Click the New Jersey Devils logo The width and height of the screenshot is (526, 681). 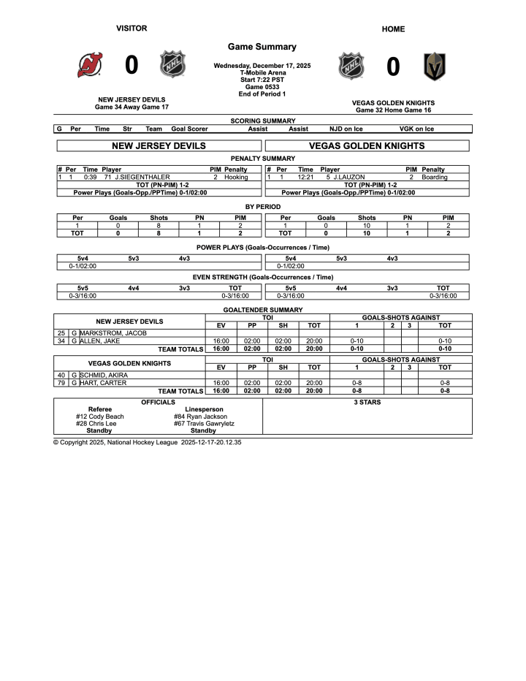91,66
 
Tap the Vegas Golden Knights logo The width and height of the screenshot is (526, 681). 435,66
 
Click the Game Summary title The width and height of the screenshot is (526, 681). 262,47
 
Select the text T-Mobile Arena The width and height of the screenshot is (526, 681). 262,72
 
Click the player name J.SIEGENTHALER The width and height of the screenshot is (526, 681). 142,177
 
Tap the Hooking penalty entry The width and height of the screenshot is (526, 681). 236,177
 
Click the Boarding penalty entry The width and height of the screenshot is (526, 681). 435,177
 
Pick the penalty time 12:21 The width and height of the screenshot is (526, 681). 305,177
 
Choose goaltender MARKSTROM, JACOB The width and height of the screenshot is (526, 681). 113,332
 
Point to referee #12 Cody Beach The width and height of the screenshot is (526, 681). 100,416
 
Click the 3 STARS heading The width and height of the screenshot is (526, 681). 367,402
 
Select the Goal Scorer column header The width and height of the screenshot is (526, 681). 189,129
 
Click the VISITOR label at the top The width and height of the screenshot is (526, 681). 131,28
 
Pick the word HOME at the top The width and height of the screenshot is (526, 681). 393,29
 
